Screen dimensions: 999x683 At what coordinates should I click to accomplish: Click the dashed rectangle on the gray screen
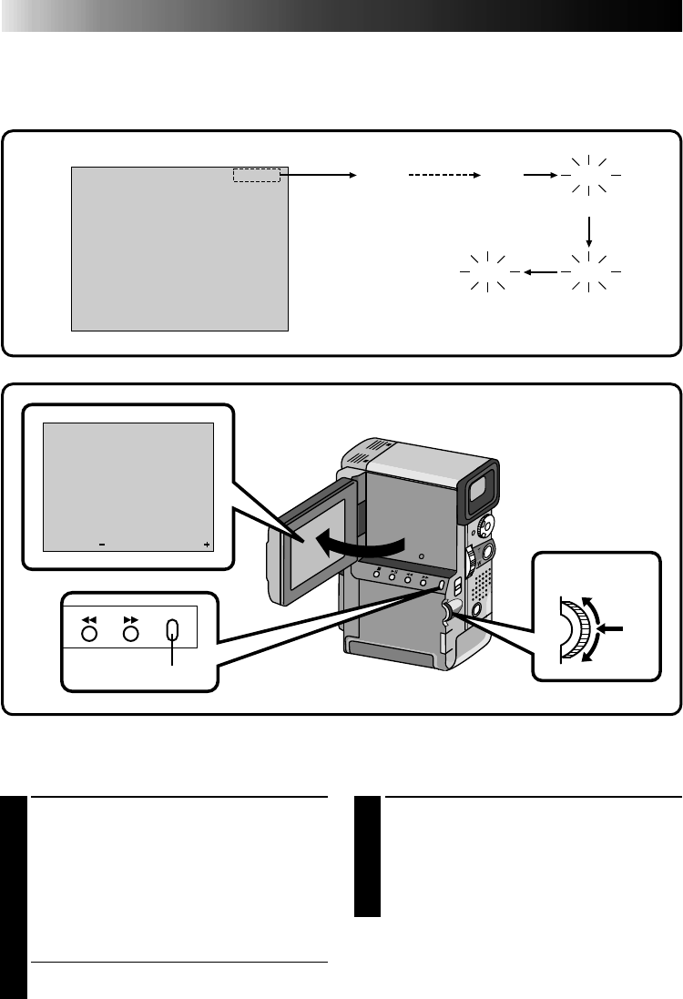[x=256, y=175]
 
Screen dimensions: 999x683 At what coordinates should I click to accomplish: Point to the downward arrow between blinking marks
[x=589, y=229]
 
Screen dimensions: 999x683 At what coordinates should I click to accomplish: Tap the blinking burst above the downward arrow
[x=589, y=175]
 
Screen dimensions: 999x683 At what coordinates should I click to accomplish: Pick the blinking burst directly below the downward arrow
[x=589, y=271]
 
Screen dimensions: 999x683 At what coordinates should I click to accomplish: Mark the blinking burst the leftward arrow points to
[x=486, y=271]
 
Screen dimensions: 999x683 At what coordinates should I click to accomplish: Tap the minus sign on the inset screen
[x=102, y=545]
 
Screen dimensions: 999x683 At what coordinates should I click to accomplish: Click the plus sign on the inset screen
[x=207, y=545]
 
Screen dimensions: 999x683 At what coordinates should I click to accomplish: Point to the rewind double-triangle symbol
[x=89, y=617]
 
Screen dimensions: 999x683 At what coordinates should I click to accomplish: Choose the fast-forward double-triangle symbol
[x=131, y=617]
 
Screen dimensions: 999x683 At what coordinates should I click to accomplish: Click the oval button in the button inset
[x=173, y=633]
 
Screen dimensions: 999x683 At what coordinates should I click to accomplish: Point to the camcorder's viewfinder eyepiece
[x=481, y=489]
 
